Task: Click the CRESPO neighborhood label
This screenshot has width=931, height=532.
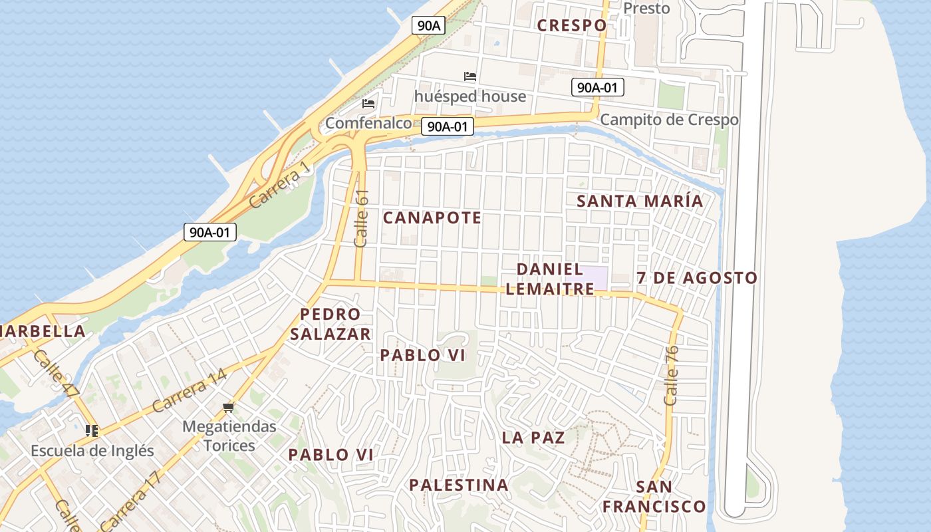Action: (572, 25)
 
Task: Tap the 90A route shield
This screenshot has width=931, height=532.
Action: (429, 25)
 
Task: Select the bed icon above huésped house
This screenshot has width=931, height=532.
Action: (470, 76)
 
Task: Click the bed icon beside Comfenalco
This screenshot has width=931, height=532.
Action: (368, 104)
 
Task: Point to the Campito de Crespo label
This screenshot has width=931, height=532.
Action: (669, 120)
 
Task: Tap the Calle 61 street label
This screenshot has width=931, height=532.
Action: (362, 218)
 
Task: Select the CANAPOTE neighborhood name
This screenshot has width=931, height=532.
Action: (432, 217)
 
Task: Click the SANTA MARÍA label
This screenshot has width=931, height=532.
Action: (640, 201)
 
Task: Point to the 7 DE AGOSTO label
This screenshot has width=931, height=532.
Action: (697, 278)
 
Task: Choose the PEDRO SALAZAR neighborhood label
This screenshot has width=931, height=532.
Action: (331, 324)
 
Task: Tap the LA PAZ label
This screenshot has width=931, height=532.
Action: (533, 438)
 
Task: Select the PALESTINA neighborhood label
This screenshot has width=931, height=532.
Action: (459, 485)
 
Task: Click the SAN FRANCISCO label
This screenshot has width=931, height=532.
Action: (654, 497)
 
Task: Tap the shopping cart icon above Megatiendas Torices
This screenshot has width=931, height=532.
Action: (229, 407)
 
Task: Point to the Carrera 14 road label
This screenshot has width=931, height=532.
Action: (190, 391)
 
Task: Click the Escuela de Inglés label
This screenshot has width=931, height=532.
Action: (92, 451)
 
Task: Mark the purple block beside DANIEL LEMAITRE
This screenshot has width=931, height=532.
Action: (595, 277)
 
